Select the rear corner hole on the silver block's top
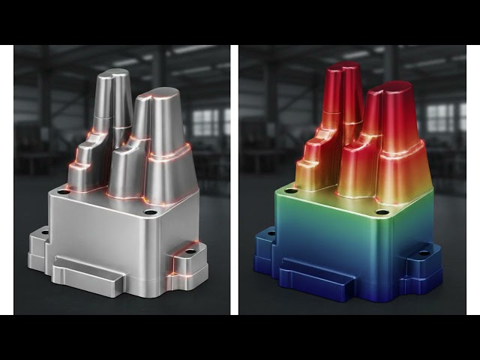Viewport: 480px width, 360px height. click(x=64, y=192)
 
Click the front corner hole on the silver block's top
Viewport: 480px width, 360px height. click(x=150, y=212)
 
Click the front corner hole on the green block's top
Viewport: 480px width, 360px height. click(x=382, y=212)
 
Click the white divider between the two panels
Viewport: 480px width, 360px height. click(x=235, y=180)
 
